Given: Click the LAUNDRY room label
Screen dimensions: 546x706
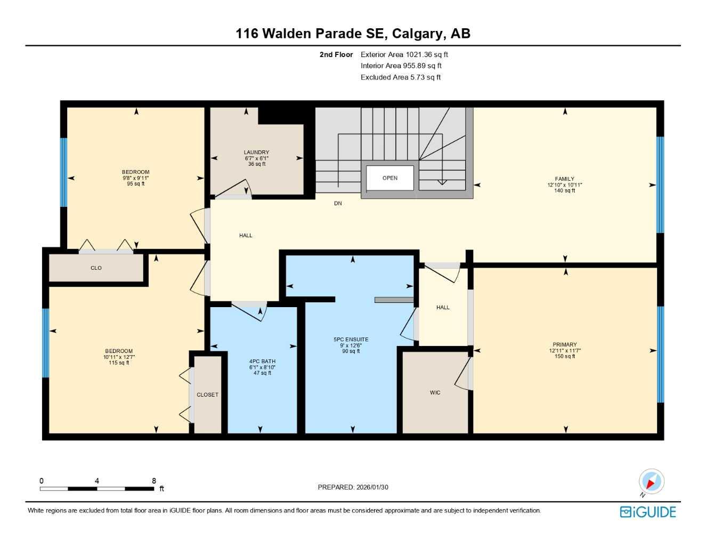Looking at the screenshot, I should point(256,152).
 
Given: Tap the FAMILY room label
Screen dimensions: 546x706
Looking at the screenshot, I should point(564,179).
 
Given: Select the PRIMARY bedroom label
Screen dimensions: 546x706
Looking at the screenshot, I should point(564,345).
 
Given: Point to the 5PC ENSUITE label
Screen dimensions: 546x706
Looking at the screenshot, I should point(351,340).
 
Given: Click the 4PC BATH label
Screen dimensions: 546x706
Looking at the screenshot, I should point(262,362).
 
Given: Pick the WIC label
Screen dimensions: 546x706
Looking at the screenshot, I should point(435,393).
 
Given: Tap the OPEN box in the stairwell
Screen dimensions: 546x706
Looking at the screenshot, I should point(389,178).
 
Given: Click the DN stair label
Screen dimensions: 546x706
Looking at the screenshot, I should point(338,204).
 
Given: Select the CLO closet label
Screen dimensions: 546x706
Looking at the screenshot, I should point(96,268).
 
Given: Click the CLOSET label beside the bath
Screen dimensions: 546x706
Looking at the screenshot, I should point(207,395).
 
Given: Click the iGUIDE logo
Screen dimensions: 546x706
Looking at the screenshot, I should point(648,512).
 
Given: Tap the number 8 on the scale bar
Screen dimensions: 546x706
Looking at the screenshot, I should point(154,481).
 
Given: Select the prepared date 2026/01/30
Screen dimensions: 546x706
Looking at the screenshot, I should point(372,487).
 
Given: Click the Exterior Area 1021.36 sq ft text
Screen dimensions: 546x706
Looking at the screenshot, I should point(404,54).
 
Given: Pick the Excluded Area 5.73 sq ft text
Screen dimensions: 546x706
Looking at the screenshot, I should point(400,77).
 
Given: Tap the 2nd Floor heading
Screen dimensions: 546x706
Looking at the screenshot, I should point(336,54).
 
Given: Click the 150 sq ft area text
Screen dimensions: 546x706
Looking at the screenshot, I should point(564,356).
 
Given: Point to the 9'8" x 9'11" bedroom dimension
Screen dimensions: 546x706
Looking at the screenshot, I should point(135,178).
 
